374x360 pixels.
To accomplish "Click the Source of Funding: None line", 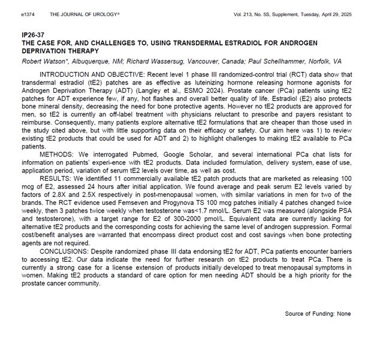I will click(318, 314).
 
